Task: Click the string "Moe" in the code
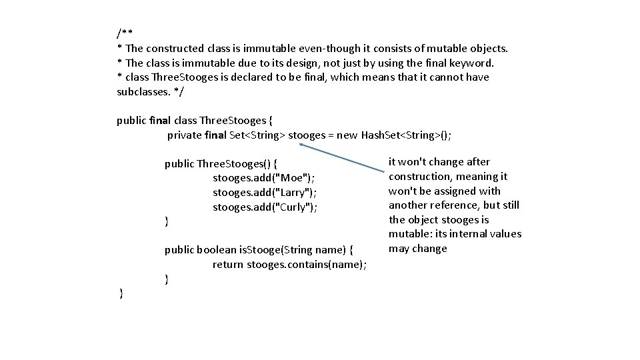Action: [x=292, y=178]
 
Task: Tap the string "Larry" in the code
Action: [x=294, y=193]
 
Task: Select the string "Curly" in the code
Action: [x=294, y=207]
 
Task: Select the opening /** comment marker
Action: [x=124, y=33]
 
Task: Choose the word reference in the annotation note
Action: [x=455, y=205]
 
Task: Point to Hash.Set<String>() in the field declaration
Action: [x=405, y=135]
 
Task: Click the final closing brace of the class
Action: [x=121, y=293]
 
